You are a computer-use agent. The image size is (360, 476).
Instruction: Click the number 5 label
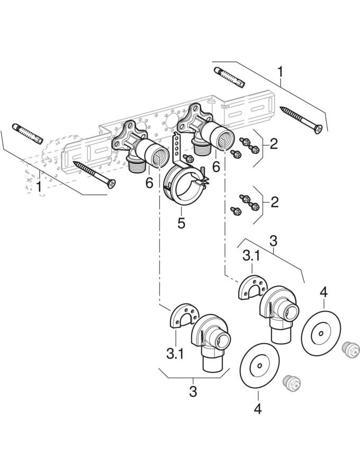tap(181, 223)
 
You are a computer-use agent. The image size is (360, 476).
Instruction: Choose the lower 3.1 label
tap(175, 353)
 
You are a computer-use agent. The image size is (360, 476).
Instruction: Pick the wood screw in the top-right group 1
tap(301, 120)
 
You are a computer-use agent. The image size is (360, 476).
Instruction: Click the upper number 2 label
tap(273, 143)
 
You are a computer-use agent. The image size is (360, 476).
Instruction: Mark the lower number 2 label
tap(273, 202)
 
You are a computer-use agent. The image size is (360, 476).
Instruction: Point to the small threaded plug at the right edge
tap(352, 350)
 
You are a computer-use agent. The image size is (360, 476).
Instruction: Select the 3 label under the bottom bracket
tap(193, 392)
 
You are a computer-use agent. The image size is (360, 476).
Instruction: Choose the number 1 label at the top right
tap(281, 70)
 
